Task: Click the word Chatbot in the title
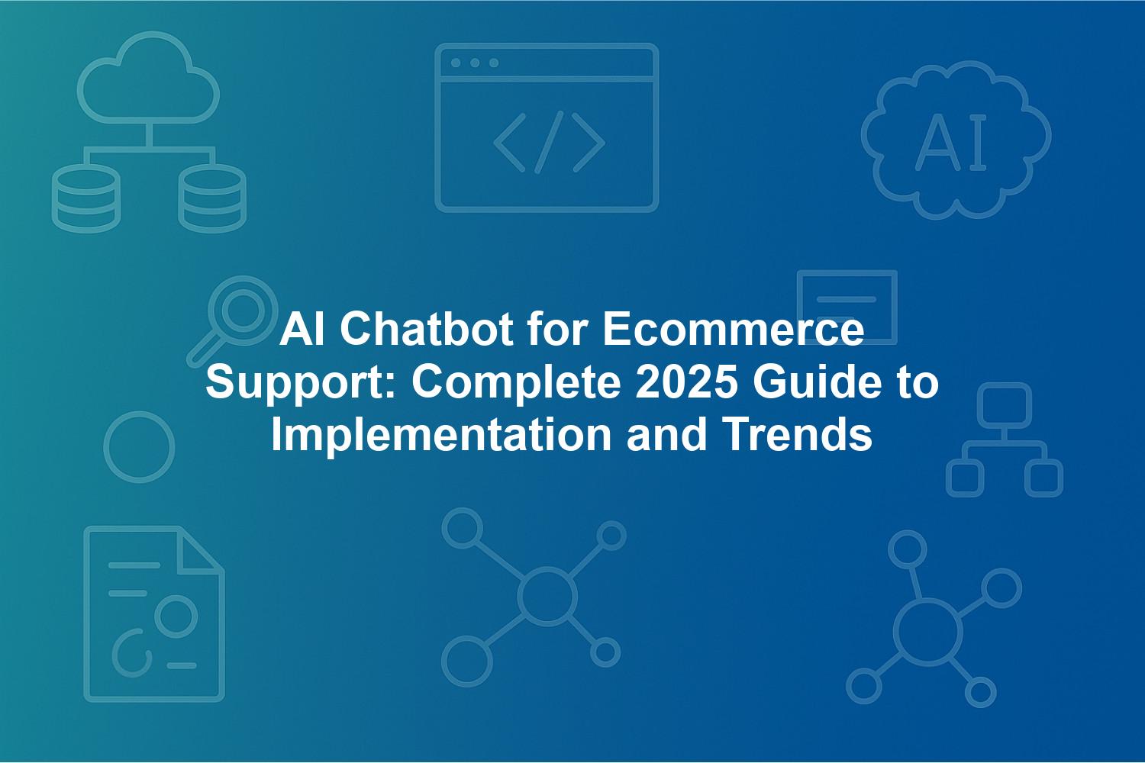(426, 330)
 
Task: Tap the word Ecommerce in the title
(734, 330)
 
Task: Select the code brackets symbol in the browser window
(549, 142)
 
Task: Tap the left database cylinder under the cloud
(85, 198)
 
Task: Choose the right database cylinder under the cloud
(212, 198)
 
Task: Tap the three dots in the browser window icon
(475, 63)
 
